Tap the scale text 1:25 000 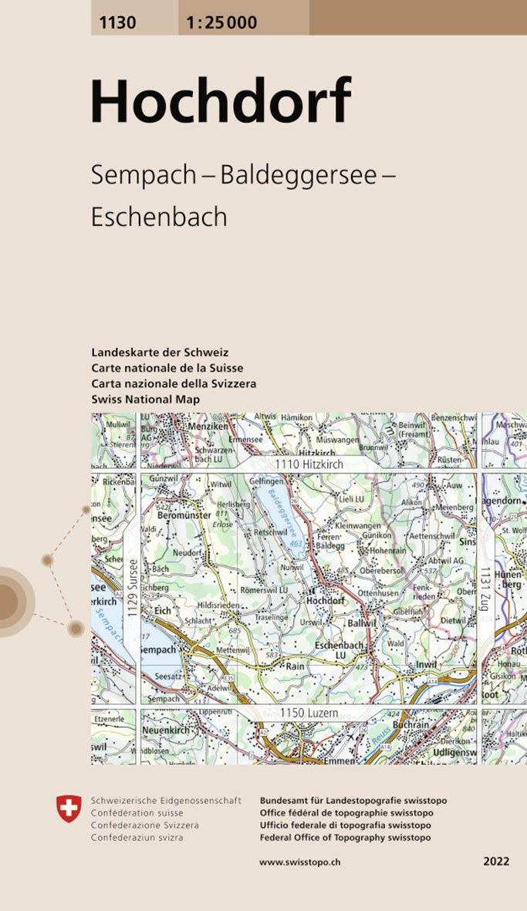pos(221,22)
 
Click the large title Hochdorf pos(221,102)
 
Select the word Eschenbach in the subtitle pos(159,217)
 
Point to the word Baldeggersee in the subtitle pos(298,175)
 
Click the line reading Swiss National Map pos(145,399)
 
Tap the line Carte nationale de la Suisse pos(167,368)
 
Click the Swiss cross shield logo pos(69,809)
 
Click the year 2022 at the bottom pos(497,862)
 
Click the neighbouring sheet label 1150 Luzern pos(309,714)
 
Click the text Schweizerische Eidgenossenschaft pos(166,801)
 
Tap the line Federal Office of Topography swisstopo pos(346,838)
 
